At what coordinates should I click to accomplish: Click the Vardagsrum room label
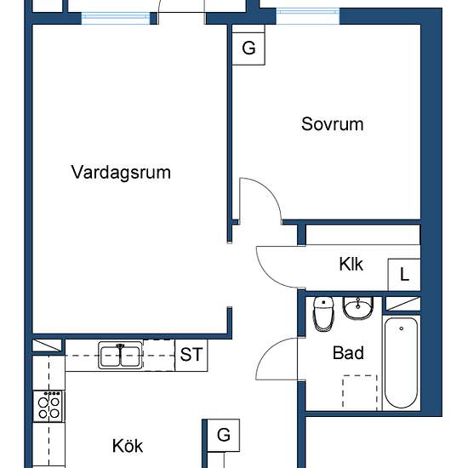click(121, 172)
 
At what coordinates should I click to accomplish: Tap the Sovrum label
click(332, 124)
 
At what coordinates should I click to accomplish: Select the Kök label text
click(128, 446)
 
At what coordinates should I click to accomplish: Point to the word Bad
click(348, 353)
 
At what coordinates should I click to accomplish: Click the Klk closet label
click(351, 264)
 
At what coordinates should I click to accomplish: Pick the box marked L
click(404, 275)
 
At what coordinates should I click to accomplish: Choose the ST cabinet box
click(191, 355)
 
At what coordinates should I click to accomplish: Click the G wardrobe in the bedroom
click(248, 49)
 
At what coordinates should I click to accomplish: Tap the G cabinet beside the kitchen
click(224, 435)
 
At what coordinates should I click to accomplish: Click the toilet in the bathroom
click(323, 313)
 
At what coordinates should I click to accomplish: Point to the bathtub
click(401, 363)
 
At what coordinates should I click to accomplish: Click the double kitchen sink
click(120, 355)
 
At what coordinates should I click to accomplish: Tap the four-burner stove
click(49, 406)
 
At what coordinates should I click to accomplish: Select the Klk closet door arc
click(268, 276)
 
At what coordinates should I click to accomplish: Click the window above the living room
click(116, 18)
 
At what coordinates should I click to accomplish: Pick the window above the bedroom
click(308, 16)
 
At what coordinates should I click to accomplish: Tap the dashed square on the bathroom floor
click(360, 392)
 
